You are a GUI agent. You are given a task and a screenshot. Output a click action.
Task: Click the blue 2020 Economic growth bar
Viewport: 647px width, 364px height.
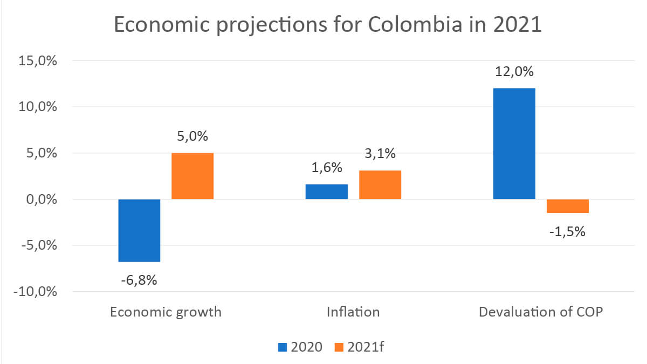coord(139,230)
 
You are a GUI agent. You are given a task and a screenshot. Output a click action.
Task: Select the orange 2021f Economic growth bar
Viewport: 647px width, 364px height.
coord(192,176)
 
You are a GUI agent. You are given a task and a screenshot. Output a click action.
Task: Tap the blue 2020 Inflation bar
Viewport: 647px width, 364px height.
coord(327,192)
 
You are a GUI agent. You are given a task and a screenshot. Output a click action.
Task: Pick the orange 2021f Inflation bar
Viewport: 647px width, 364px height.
coord(380,185)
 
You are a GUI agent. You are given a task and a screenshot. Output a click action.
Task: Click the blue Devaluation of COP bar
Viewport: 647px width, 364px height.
coord(514,143)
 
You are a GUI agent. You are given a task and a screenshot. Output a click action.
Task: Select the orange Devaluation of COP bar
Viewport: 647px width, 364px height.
coord(568,206)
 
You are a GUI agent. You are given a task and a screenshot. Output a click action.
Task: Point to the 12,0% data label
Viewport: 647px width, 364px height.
coord(514,72)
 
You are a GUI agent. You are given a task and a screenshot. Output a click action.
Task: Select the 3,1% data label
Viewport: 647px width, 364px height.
coord(380,154)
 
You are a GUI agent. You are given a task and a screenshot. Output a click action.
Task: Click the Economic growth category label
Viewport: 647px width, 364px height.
coord(166,312)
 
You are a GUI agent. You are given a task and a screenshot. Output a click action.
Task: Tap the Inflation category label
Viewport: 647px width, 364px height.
coord(353,312)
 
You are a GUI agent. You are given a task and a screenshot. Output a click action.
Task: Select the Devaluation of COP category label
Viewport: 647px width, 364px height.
coord(541,312)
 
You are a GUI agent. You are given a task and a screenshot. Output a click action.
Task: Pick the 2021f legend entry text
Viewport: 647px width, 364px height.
coord(366,346)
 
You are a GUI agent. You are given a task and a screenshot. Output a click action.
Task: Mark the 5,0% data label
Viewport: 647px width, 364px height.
coord(192,136)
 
